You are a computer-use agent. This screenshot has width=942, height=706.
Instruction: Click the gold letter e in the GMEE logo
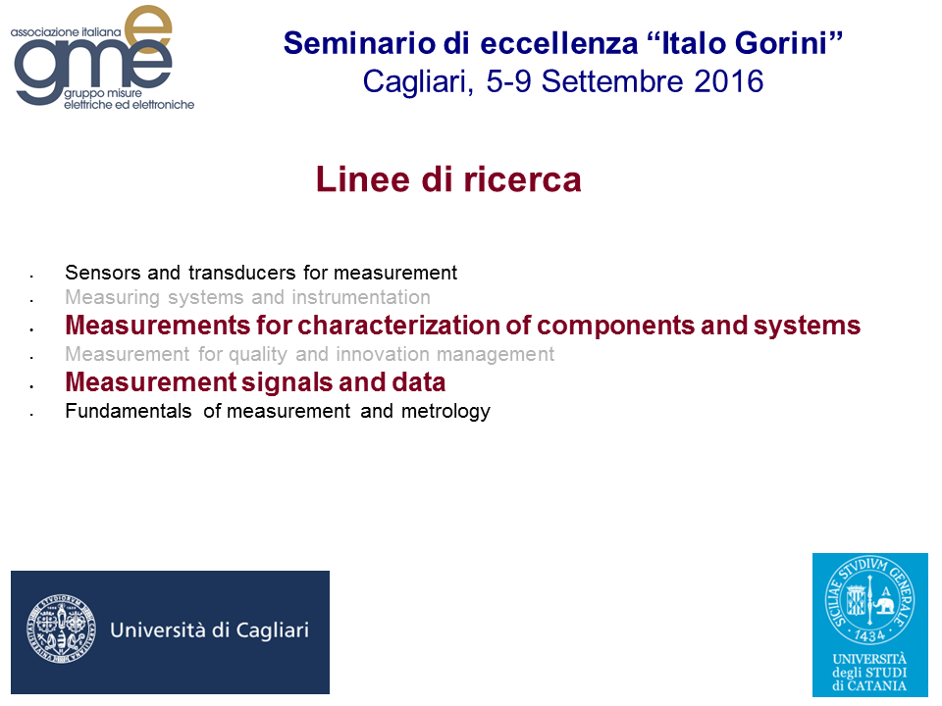click(149, 30)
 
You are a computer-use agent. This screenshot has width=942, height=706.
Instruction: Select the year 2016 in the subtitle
click(729, 81)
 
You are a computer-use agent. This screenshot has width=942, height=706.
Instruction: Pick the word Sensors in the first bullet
click(103, 273)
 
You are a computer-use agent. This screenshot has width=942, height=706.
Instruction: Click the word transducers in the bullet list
click(242, 273)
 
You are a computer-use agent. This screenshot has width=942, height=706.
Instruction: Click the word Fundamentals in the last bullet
click(129, 411)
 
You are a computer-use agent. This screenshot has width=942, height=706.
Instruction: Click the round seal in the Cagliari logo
click(61, 630)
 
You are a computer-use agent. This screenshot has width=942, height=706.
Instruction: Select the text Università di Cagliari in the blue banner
click(210, 630)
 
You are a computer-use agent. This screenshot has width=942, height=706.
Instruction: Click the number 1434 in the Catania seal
click(869, 635)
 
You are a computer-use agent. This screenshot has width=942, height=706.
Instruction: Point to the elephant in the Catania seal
click(883, 603)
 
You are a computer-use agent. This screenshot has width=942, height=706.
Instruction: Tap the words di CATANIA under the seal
click(869, 685)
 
